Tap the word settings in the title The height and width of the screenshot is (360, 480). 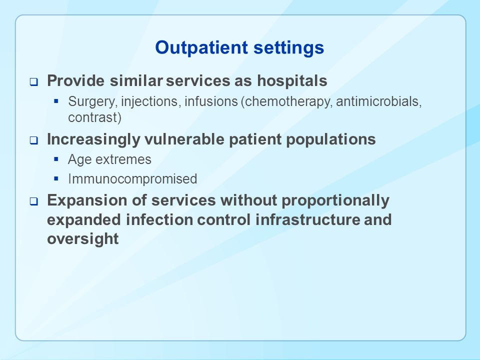click(x=288, y=48)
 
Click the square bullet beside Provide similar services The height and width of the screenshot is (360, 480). click(x=33, y=82)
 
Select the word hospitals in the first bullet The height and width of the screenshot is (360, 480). click(x=292, y=81)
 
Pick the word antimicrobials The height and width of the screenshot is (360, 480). click(x=378, y=101)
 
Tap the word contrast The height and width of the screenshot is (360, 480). click(x=94, y=117)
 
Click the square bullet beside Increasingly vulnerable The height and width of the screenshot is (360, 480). click(x=33, y=140)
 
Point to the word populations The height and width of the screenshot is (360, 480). click(x=330, y=140)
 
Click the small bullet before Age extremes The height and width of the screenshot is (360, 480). click(x=55, y=159)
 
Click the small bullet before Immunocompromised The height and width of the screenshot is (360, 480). click(x=55, y=178)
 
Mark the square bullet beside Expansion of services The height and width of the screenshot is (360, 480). click(x=33, y=201)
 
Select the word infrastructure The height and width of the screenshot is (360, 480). click(x=307, y=220)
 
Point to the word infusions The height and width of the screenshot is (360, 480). click(x=211, y=101)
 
